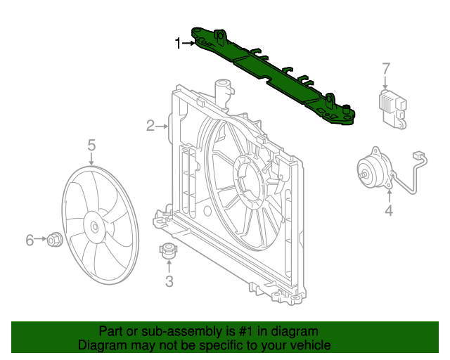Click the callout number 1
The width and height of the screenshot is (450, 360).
tap(179, 44)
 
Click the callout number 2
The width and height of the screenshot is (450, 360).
tap(150, 126)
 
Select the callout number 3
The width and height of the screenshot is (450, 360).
tap(169, 282)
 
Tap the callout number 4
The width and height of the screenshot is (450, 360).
tap(388, 211)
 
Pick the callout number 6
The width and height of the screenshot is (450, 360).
tap(30, 240)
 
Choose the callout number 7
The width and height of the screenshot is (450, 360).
tap(385, 68)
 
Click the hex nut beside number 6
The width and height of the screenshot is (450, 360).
tap(54, 240)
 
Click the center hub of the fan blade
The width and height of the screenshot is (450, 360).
tap(94, 226)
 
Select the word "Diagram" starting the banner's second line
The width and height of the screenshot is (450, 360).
tap(101, 345)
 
